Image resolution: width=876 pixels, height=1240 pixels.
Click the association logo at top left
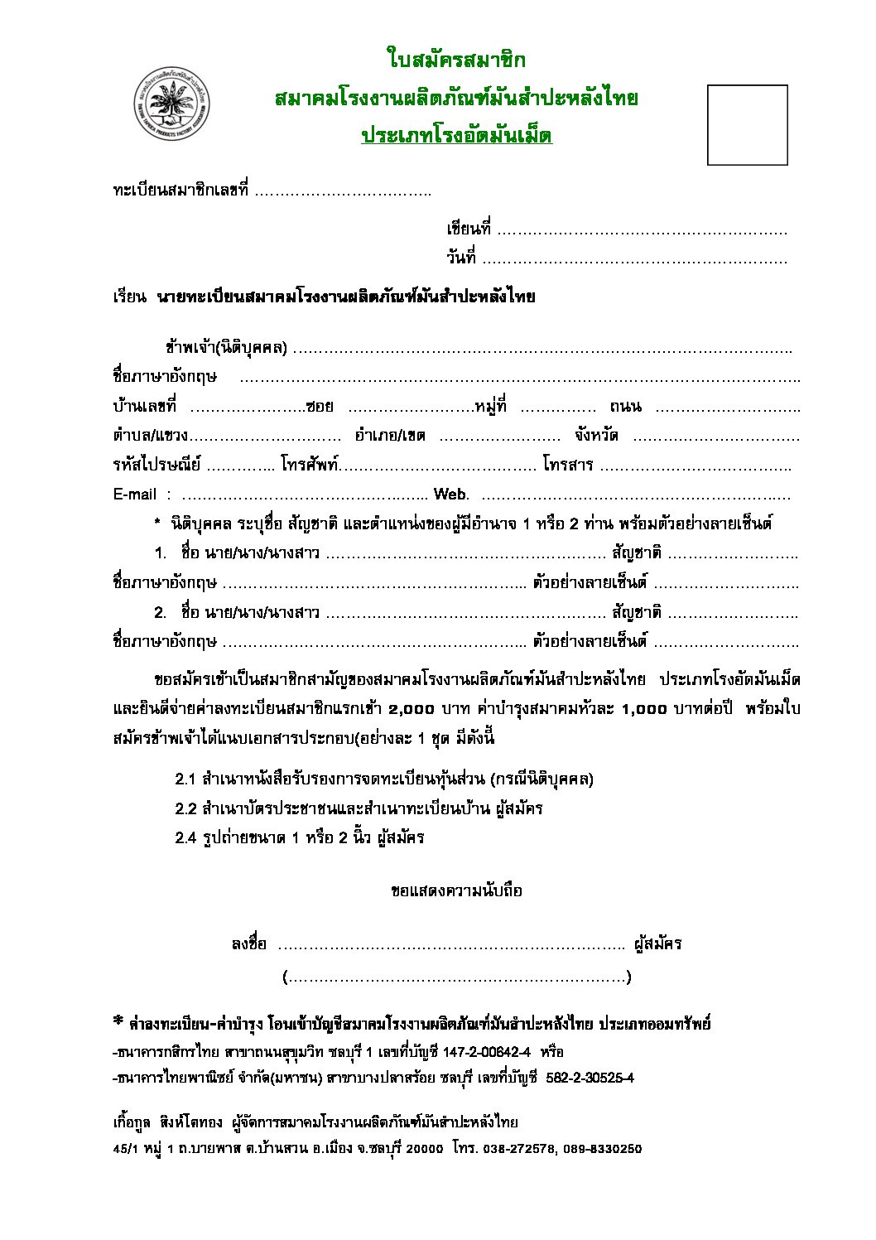click(172, 105)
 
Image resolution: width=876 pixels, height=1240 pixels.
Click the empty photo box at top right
click(747, 124)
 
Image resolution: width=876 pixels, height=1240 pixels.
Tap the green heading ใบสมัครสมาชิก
click(455, 60)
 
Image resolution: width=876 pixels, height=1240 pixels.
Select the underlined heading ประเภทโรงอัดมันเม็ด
click(456, 136)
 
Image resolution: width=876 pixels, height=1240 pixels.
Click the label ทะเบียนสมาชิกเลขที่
click(180, 191)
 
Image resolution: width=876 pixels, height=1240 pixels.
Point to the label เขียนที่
click(469, 229)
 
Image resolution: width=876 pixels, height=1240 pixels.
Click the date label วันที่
click(461, 258)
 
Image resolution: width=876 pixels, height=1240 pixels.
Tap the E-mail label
click(134, 495)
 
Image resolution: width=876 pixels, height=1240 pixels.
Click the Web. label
click(451, 495)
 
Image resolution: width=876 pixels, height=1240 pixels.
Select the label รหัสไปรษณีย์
click(156, 465)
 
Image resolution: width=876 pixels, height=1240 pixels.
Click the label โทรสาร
click(568, 465)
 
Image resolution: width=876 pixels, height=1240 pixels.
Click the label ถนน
click(625, 407)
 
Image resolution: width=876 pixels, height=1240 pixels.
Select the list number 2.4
click(185, 837)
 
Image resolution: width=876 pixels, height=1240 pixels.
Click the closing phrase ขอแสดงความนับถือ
click(456, 891)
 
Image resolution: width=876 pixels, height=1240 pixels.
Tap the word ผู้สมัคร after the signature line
click(657, 943)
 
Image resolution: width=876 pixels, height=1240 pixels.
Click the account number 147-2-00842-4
click(487, 1052)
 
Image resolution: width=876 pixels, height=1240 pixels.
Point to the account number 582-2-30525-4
click(590, 1078)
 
